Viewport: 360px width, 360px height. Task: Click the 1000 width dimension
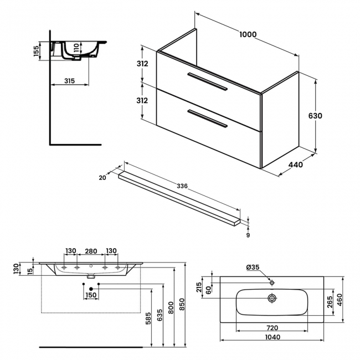click(248, 34)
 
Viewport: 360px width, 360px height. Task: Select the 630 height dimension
click(316, 116)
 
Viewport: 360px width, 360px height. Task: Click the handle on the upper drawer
click(207, 81)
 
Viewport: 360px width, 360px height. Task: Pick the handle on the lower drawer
click(207, 119)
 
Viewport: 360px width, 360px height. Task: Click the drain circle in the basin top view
click(272, 298)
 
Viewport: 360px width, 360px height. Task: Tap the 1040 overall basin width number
click(271, 337)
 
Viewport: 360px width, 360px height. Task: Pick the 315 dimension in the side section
click(69, 81)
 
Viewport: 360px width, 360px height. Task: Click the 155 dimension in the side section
click(35, 50)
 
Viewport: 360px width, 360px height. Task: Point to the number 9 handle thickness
click(248, 235)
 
